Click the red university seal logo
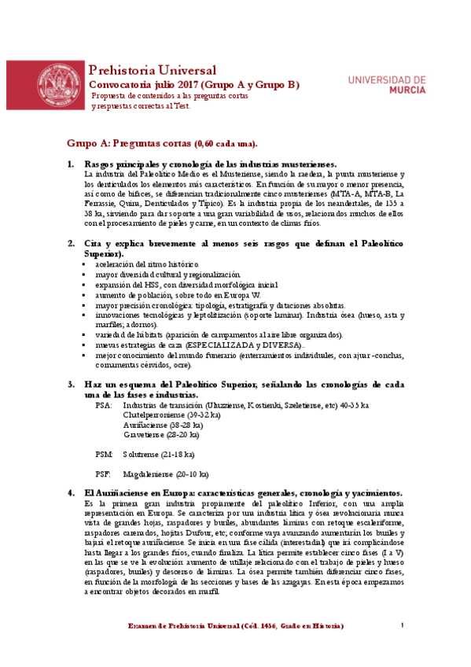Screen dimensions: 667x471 tap(59, 85)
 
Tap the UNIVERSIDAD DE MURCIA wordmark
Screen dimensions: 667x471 tap(386, 85)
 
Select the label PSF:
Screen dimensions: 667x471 tap(104, 474)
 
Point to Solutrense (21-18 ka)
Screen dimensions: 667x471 tap(158, 455)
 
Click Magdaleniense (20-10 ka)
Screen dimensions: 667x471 tap(165, 474)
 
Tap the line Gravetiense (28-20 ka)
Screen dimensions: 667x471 tap(161, 434)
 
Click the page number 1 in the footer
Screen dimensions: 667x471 tap(401, 625)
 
